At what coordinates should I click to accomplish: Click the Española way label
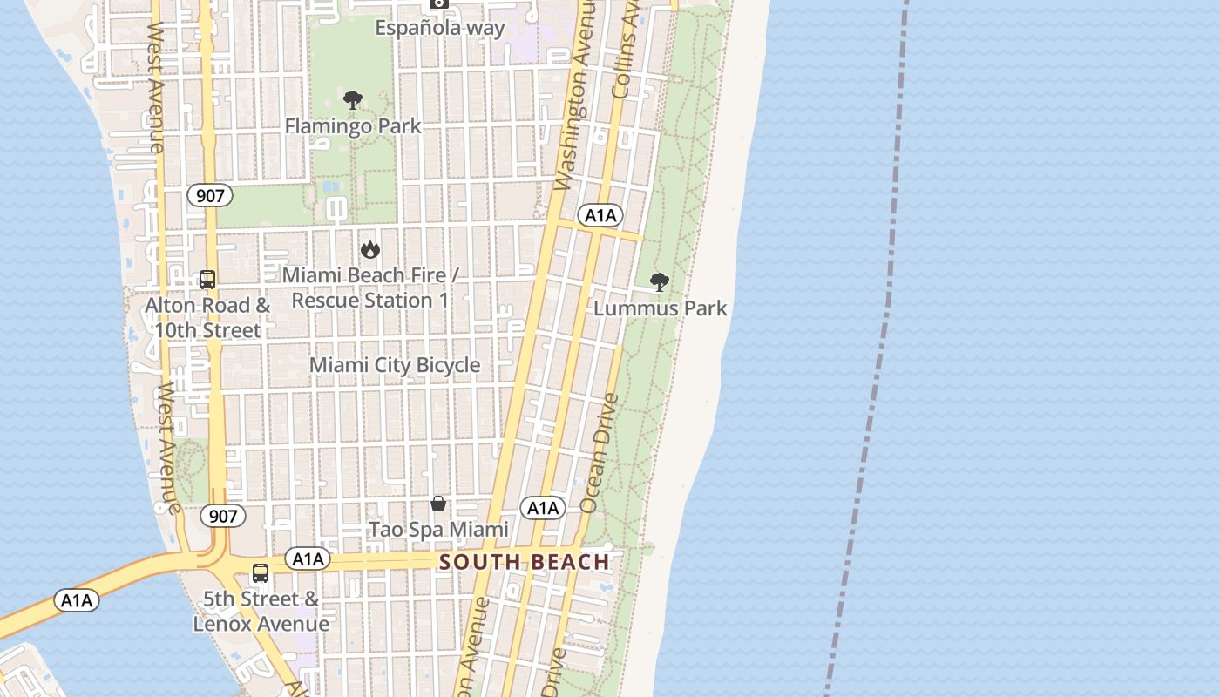[439, 28]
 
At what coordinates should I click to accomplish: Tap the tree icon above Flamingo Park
[352, 99]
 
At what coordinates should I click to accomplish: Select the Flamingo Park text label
[353, 126]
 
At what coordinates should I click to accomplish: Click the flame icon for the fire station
[370, 250]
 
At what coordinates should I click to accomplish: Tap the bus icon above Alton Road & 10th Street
[207, 280]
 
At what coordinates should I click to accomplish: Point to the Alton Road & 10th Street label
[207, 318]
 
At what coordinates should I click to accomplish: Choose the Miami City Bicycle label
[395, 365]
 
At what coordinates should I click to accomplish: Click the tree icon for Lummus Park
[660, 281]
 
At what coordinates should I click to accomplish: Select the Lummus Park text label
[660, 308]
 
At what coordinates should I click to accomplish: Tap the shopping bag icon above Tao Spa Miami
[438, 504]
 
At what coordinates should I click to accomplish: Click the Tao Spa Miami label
[438, 530]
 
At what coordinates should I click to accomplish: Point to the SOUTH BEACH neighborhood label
[525, 562]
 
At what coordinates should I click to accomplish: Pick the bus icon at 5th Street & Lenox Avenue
[261, 572]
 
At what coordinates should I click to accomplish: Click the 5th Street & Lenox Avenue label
[261, 612]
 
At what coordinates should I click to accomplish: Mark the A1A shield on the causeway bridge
[77, 599]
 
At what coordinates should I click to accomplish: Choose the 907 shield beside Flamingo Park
[210, 195]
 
